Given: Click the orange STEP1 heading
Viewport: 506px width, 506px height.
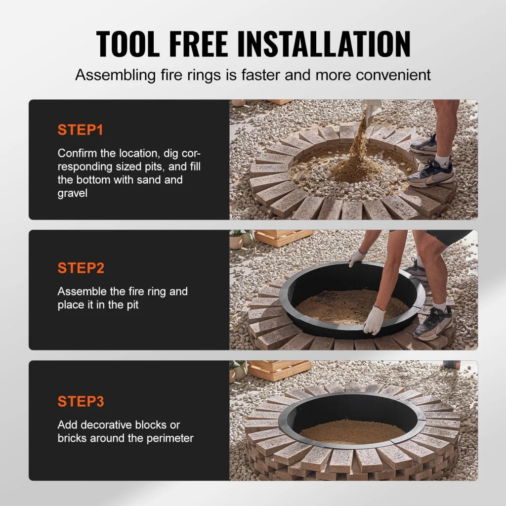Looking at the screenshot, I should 81,130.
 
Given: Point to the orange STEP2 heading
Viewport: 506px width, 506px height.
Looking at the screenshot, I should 81,268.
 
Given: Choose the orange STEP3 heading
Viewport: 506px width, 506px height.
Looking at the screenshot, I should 81,402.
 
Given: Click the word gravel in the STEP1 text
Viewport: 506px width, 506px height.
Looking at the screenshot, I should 72,193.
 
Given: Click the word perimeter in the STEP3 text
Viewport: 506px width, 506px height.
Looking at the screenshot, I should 169,438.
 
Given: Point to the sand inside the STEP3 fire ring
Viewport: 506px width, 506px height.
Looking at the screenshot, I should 352,431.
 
